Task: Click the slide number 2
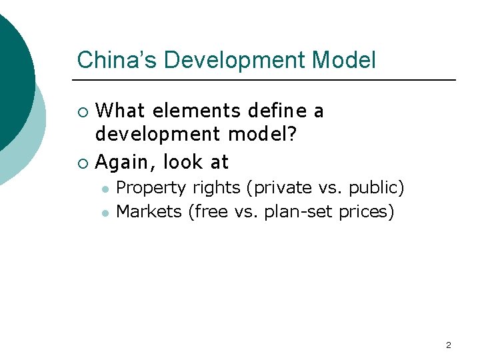click(x=448, y=345)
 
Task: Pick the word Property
click(x=147, y=188)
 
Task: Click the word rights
click(x=213, y=188)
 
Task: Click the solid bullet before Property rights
click(x=105, y=189)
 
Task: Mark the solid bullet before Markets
click(x=105, y=213)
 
